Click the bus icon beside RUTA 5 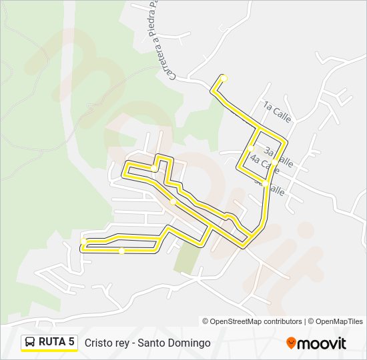[x=30, y=342]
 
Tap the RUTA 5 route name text [x=57, y=342]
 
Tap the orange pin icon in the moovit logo [x=291, y=343]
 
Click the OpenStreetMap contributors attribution [x=252, y=321]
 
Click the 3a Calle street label [x=279, y=157]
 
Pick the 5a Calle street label [x=271, y=186]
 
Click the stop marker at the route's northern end [x=224, y=78]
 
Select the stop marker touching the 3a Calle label [x=274, y=161]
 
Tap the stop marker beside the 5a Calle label [x=266, y=182]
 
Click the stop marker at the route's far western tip [x=83, y=242]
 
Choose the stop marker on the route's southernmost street [x=121, y=251]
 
